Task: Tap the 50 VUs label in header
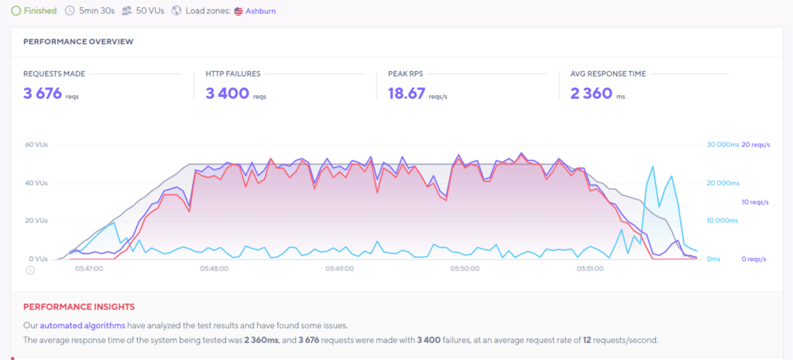[x=149, y=11]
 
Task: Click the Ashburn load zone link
[x=260, y=12]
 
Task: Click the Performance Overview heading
[x=77, y=41]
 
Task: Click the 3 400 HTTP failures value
[x=227, y=94]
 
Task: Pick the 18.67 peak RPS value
[x=406, y=94]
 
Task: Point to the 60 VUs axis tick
[x=37, y=145]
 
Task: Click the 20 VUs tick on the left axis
[x=37, y=221]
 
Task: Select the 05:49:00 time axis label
[x=339, y=269]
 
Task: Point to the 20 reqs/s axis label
[x=756, y=145]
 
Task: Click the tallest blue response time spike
[x=654, y=166]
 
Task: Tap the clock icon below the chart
[x=30, y=270]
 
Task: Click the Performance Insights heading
[x=78, y=307]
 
